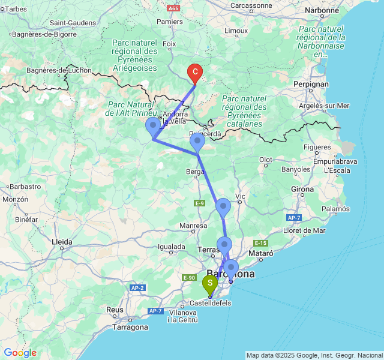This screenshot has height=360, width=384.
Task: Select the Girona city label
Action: [x=302, y=189]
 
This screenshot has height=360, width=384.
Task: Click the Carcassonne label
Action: [x=251, y=5]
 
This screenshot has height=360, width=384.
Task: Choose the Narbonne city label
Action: [x=322, y=10]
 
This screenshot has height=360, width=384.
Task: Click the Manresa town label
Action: [x=193, y=226]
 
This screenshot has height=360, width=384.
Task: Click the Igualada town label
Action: [x=171, y=246]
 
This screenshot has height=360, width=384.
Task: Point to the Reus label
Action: [x=116, y=310]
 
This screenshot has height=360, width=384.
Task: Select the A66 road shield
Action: [x=173, y=8]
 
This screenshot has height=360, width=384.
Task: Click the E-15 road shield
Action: [x=260, y=243]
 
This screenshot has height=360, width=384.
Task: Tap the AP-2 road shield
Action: [x=137, y=288]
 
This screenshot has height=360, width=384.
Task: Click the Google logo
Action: [x=20, y=353]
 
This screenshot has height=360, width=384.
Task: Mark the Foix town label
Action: [x=169, y=44]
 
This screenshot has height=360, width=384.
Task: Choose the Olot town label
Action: [x=265, y=160]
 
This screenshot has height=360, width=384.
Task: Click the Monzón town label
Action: [x=16, y=199]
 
